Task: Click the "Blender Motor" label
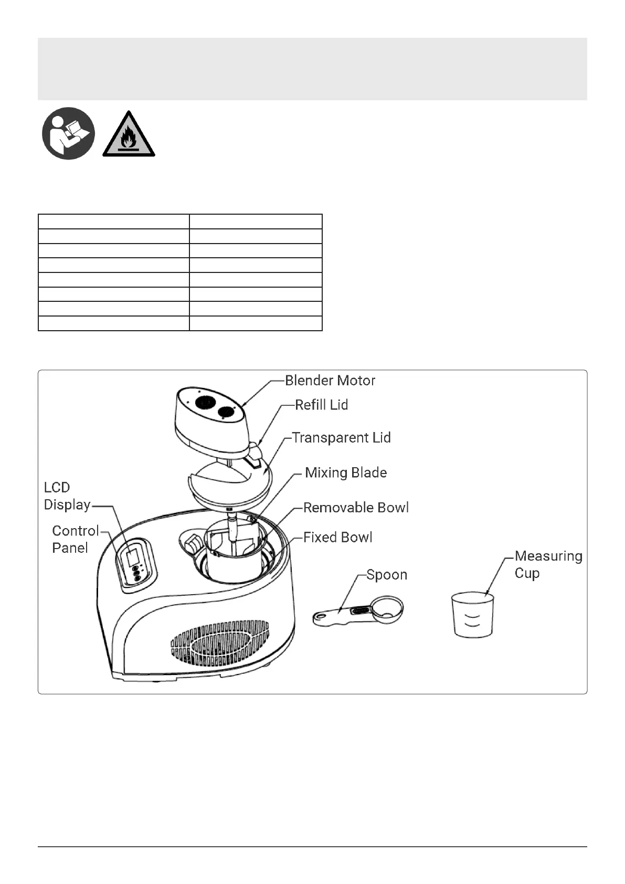330,381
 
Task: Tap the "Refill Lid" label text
321,405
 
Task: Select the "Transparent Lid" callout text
341,438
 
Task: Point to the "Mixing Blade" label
346,472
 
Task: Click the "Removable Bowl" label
356,508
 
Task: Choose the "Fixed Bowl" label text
337,538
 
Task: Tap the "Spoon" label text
387,575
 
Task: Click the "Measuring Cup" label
548,564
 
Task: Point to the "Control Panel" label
75,539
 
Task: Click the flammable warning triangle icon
129,135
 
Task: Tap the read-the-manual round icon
68,133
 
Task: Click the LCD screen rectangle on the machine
132,556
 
